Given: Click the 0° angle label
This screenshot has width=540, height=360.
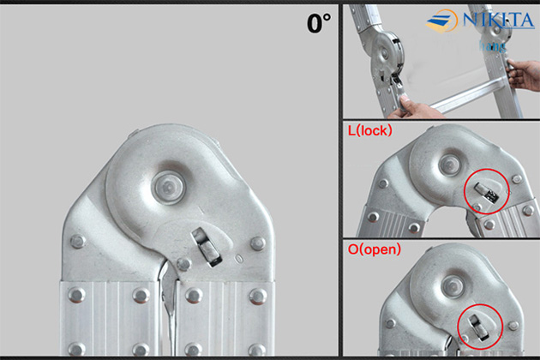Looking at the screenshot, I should [x=318, y=23].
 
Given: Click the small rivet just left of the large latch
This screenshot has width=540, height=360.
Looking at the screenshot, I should [x=183, y=264].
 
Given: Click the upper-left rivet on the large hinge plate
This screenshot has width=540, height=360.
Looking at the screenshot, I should [x=78, y=242].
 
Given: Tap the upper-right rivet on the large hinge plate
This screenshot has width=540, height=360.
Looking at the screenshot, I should [x=257, y=243].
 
